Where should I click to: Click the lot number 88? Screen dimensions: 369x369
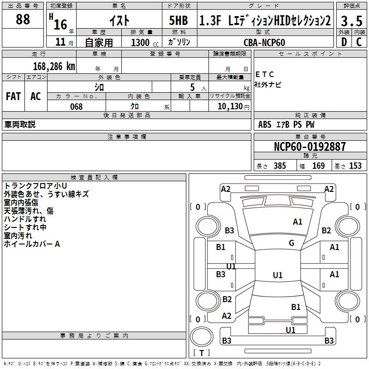pos(23,19)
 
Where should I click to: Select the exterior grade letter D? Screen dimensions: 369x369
pos(344,42)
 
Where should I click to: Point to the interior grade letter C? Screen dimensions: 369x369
pos(358,42)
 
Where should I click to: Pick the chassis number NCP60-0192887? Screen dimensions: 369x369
pos(309,147)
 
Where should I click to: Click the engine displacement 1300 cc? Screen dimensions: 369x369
pos(141,42)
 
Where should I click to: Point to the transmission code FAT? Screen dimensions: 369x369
pos(13,96)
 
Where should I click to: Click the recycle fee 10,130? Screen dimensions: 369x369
pos(229,107)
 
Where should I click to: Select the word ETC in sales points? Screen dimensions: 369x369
pos(265,74)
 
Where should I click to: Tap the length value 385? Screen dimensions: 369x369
pos(280,166)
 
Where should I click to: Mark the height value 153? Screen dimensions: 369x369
pos(355,166)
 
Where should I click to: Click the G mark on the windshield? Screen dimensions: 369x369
pos(291,243)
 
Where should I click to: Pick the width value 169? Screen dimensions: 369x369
pos(318,166)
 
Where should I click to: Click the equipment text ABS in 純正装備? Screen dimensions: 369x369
pos(265,125)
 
